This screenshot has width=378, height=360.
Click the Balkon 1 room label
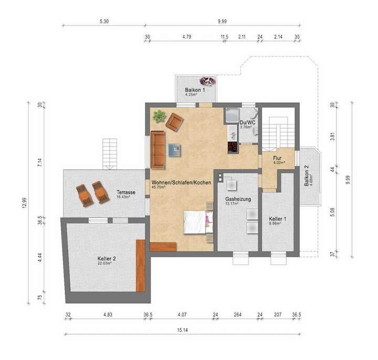click(x=194, y=90)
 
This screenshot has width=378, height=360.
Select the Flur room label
click(x=279, y=158)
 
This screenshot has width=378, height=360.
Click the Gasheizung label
click(x=238, y=200)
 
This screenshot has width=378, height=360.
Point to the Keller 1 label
click(x=277, y=219)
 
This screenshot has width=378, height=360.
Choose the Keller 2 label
click(x=107, y=259)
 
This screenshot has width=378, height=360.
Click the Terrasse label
click(x=126, y=192)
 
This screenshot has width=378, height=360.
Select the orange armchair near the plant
click(x=174, y=122)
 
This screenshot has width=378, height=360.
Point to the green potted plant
click(x=159, y=115)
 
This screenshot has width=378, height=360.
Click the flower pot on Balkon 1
click(x=207, y=81)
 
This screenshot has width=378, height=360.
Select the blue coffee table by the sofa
click(x=174, y=151)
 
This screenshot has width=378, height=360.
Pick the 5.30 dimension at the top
click(x=103, y=22)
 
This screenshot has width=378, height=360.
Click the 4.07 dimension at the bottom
click(x=182, y=315)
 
